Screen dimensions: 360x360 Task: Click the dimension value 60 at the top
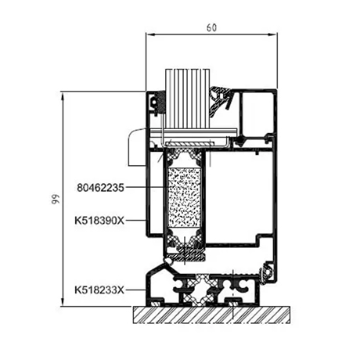pos(211,27)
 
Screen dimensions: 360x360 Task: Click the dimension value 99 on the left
pos(56,199)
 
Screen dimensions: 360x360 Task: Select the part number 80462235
pos(100,188)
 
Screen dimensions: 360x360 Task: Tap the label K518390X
pos(99,221)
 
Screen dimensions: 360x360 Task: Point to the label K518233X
pos(99,290)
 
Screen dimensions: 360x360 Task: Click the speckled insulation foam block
pos(185,197)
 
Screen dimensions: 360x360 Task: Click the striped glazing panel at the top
pos(188,99)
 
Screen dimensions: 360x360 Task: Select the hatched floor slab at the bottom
pos(211,315)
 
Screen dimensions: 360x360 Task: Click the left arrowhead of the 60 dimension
pos(150,34)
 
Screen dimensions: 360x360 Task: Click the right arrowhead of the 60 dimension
pos(273,34)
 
